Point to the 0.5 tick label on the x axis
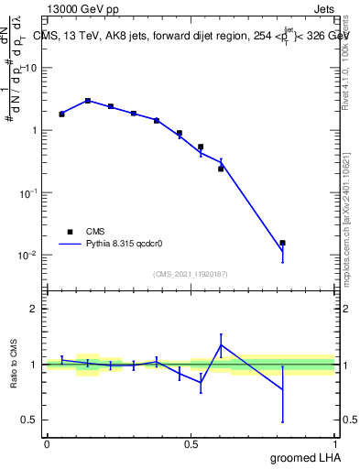pos(191,443)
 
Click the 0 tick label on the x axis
pos(47,443)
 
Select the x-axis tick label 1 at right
pos(335,443)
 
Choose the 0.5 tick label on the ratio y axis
pos(30,420)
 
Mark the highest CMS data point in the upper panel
pos(87,101)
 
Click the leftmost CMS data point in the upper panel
pos(61,115)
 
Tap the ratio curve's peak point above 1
pos(221,345)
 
